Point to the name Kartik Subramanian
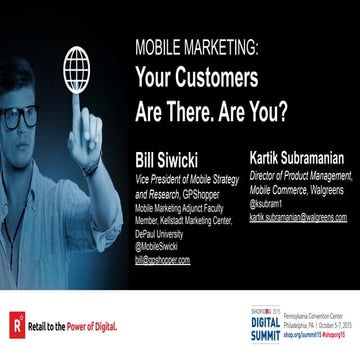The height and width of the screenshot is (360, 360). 299,156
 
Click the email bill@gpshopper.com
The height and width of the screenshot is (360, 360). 162,258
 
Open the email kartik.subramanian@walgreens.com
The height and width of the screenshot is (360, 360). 298,217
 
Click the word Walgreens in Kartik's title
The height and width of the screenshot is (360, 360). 324,188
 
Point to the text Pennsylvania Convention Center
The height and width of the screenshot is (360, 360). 312,312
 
